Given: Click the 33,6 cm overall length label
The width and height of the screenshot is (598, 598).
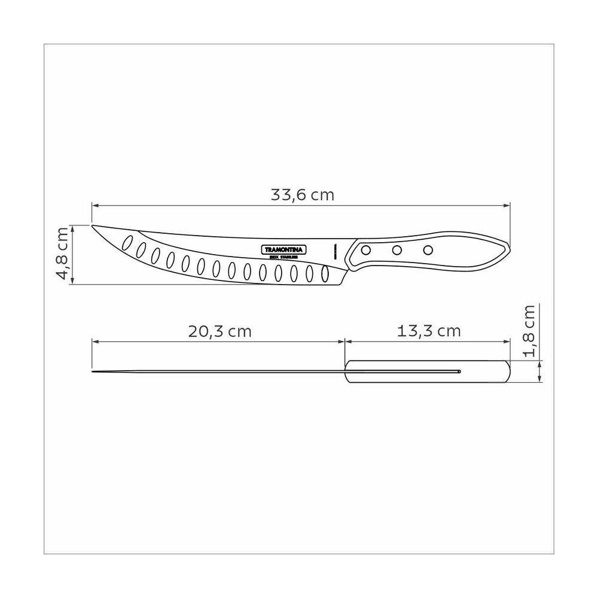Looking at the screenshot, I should click(x=303, y=195).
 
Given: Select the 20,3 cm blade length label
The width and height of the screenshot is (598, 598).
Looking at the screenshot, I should click(x=219, y=331).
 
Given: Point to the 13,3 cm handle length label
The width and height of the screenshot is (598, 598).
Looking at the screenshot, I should click(x=429, y=331).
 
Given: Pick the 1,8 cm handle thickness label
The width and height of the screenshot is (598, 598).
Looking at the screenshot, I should click(x=529, y=331).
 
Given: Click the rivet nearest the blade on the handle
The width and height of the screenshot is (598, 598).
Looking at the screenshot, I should click(x=368, y=249).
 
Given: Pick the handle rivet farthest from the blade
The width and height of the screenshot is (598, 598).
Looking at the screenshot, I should click(x=428, y=249).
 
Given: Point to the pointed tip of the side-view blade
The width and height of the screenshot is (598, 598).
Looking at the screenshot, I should click(x=93, y=226).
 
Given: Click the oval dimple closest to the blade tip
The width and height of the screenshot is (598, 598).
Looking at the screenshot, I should click(x=127, y=242).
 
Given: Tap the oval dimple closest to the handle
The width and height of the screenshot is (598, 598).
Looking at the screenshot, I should click(x=325, y=274).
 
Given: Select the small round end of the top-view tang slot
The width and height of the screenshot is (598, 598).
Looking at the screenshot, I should click(x=459, y=372).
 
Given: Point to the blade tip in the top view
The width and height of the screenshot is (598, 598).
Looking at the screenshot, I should click(x=93, y=372).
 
